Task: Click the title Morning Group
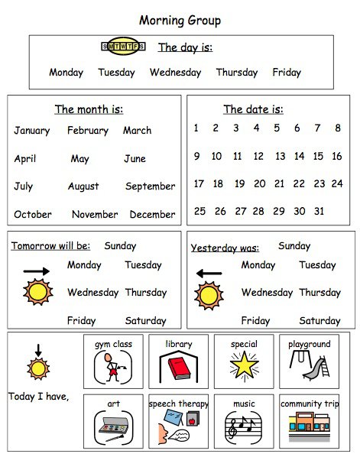click(x=180, y=20)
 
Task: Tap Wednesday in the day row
click(x=175, y=73)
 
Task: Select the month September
click(x=150, y=186)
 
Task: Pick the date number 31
click(x=319, y=212)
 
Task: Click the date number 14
click(x=298, y=156)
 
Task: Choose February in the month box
click(x=88, y=131)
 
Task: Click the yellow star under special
click(x=244, y=367)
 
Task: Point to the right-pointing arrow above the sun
click(x=36, y=271)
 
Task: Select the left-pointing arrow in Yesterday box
click(x=208, y=272)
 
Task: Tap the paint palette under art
click(x=113, y=426)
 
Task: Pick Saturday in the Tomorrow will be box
click(x=145, y=321)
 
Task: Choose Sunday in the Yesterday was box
click(x=294, y=246)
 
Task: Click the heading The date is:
click(x=253, y=109)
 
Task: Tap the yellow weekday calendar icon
click(x=124, y=47)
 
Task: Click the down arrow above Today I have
click(x=36, y=351)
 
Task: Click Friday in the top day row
click(x=287, y=73)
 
